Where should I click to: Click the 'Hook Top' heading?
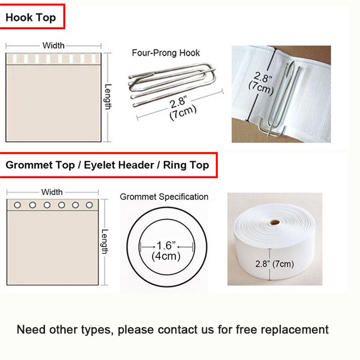(x=31, y=18)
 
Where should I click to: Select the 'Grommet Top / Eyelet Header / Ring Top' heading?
(x=107, y=165)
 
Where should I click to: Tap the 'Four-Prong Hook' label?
(x=166, y=53)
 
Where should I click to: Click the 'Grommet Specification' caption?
(x=164, y=197)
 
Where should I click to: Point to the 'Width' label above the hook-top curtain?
(x=53, y=45)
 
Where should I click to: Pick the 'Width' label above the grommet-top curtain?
(x=52, y=192)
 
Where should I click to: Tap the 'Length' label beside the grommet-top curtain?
(x=104, y=242)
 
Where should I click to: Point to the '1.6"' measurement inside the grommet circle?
(x=166, y=246)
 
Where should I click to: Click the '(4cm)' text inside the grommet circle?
(x=166, y=256)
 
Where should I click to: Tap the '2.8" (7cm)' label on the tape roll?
(x=275, y=264)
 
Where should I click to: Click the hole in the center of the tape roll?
(x=275, y=222)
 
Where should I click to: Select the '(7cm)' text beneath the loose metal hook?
(x=183, y=113)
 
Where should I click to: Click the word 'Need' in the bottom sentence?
(x=31, y=329)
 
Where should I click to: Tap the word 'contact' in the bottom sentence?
(x=177, y=330)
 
